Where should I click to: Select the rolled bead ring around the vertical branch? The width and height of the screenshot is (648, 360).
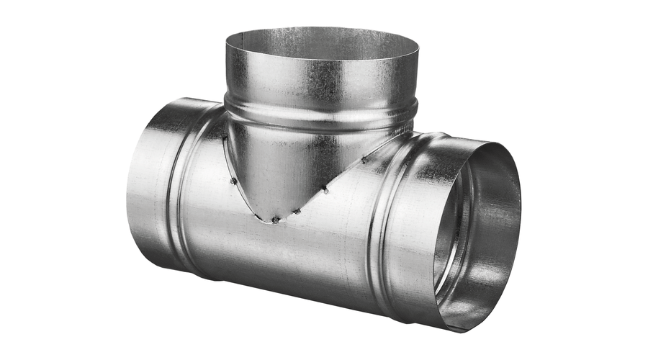(x=320, y=115)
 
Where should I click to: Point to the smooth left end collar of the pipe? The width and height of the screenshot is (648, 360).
(x=148, y=187)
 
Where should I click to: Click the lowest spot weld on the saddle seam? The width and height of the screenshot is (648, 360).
(x=276, y=219)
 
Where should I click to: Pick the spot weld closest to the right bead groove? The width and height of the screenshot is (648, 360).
(x=364, y=160)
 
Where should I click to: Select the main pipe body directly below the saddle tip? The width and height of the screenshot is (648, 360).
(x=277, y=252)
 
